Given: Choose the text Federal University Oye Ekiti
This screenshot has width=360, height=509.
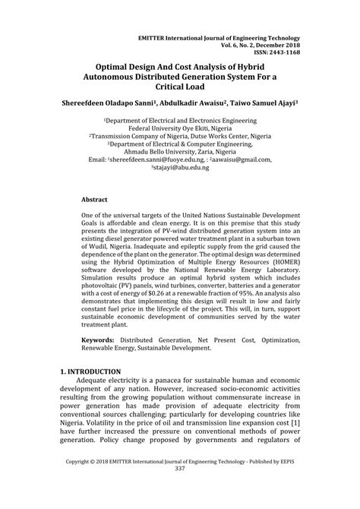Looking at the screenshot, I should coord(180,130).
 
